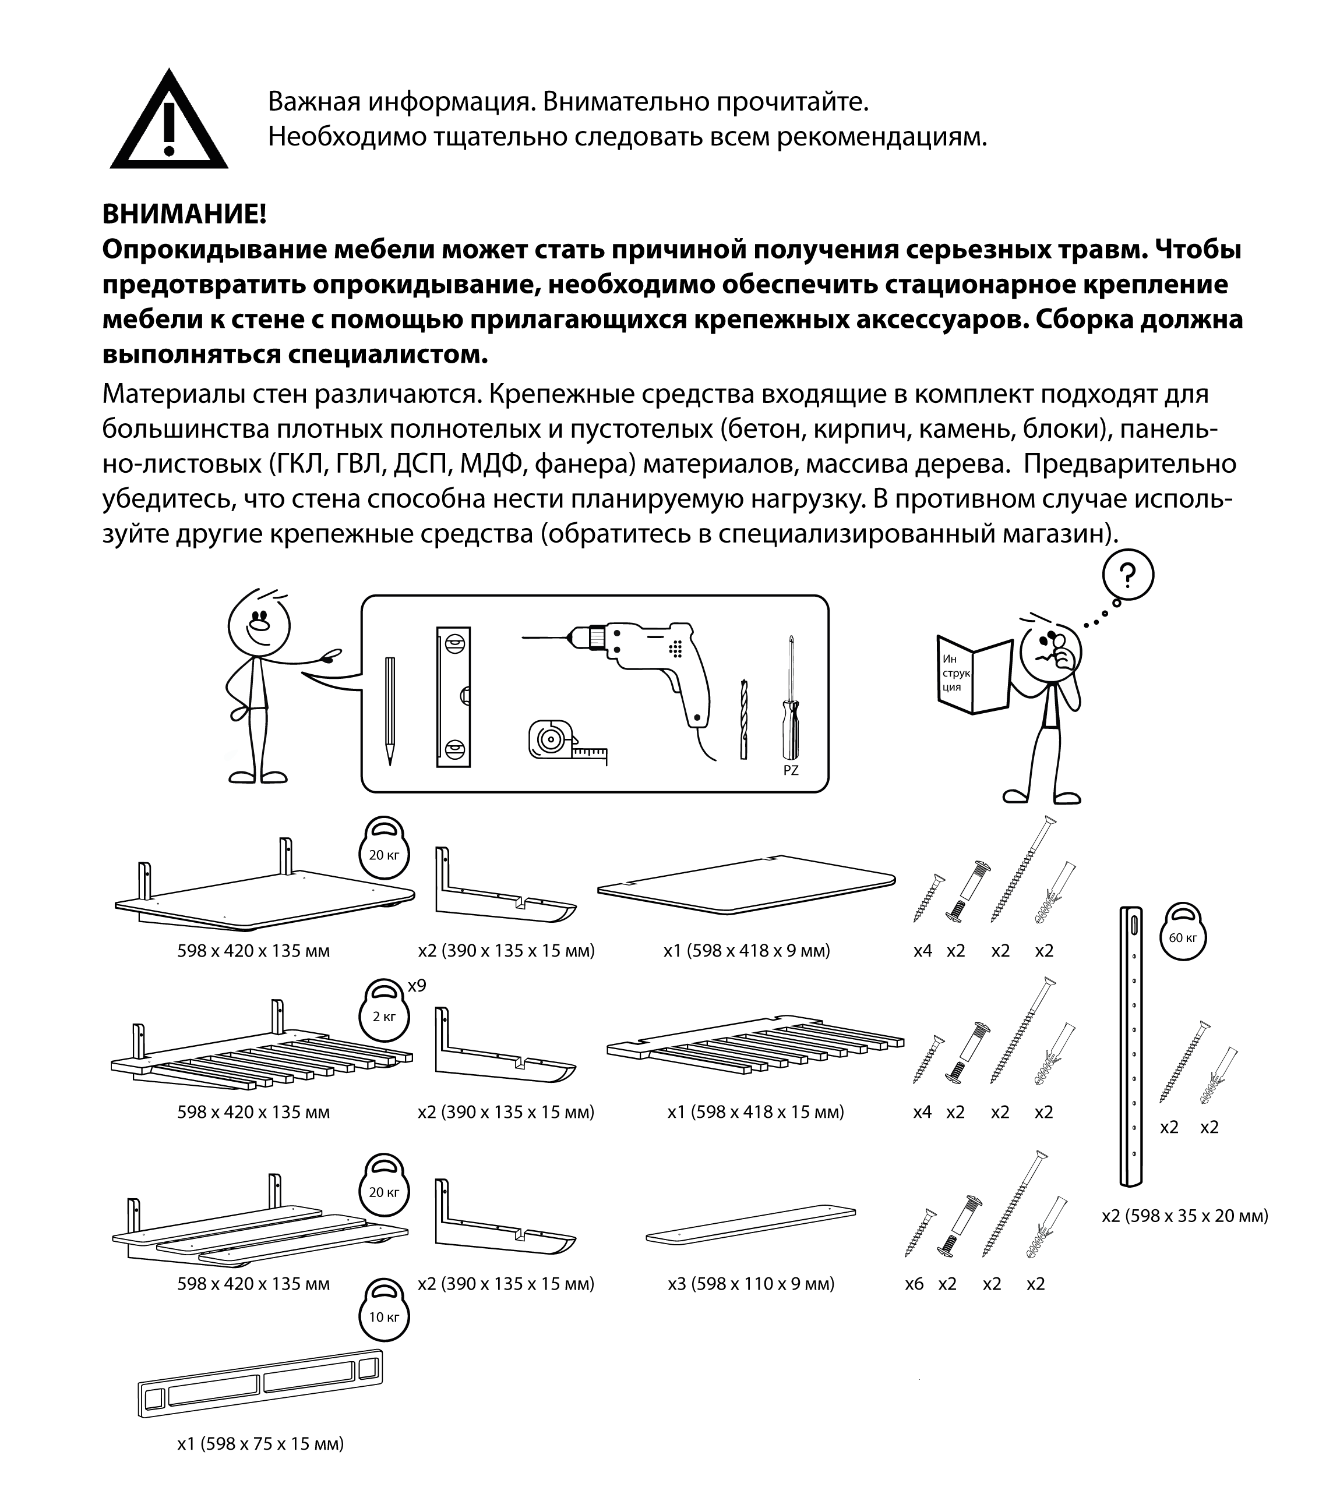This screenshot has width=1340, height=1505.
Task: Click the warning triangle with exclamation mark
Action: (169, 123)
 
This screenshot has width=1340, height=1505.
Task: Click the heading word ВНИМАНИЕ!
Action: (184, 215)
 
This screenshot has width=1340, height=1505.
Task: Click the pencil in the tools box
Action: (390, 710)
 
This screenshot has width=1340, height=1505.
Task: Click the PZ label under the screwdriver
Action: (791, 771)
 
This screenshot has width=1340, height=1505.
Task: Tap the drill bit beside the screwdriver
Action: (744, 718)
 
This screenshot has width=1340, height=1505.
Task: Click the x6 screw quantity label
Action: (914, 1284)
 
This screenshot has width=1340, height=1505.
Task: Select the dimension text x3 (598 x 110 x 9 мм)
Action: (750, 1284)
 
